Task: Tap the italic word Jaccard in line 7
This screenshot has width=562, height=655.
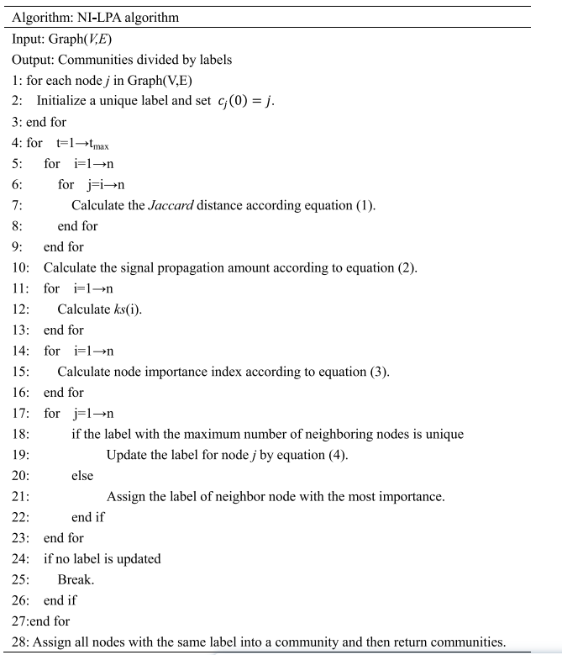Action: pyautogui.click(x=173, y=205)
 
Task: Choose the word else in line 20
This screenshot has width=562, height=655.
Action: pyautogui.click(x=82, y=476)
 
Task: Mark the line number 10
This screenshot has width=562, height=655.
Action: pyautogui.click(x=20, y=267)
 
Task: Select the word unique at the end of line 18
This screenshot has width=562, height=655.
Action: pyautogui.click(x=444, y=434)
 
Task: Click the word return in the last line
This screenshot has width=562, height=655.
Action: pyautogui.click(x=414, y=642)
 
